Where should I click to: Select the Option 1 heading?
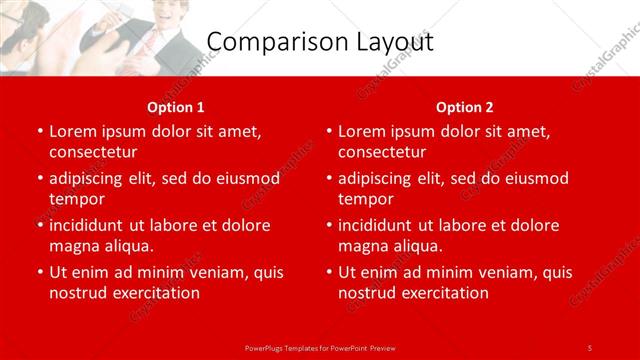tap(176, 107)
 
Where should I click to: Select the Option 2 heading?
tap(465, 107)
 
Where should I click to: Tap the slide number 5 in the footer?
tap(590, 347)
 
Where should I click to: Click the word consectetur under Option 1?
tap(93, 152)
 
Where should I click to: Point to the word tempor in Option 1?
tap(75, 199)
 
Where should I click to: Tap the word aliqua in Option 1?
tap(127, 246)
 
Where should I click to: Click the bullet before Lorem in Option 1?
tap(39, 132)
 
